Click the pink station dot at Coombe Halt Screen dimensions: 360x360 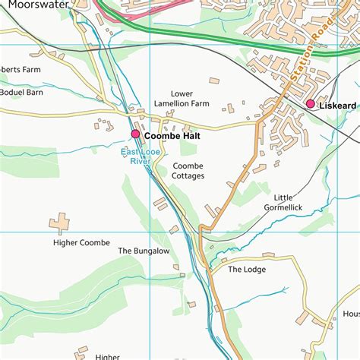(135, 134)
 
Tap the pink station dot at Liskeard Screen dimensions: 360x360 (310, 103)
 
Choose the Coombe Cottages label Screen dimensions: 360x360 (188, 171)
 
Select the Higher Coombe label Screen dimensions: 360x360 (82, 243)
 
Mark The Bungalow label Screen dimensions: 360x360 (144, 251)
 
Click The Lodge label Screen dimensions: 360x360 (245, 269)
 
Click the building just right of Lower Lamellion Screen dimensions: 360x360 (214, 81)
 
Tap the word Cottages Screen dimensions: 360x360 (188, 176)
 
